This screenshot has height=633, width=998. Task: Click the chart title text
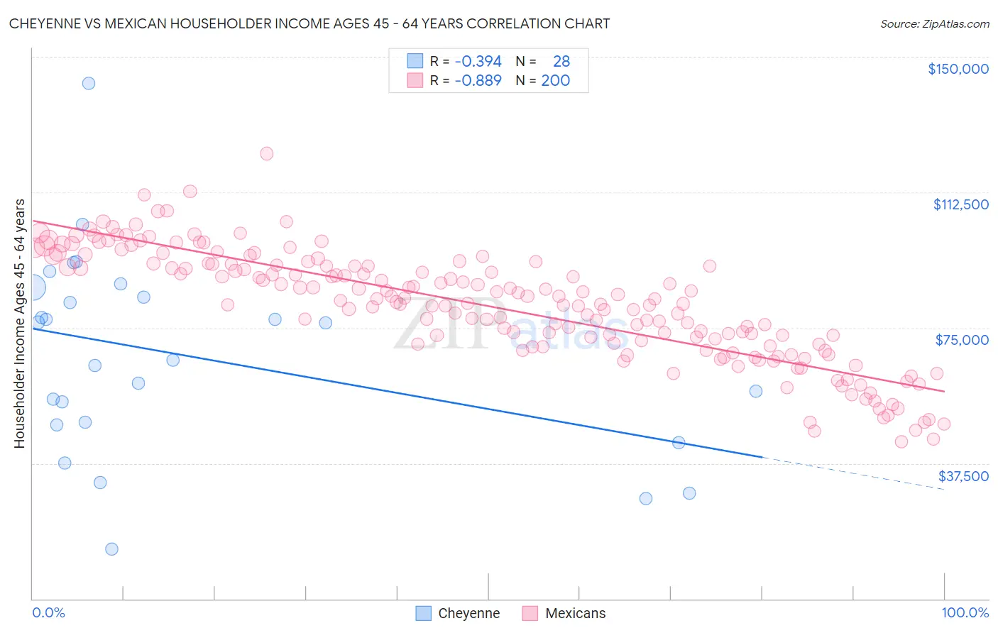point(309,23)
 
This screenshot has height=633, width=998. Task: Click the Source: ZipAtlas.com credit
point(934,23)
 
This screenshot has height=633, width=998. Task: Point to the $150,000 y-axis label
point(958,69)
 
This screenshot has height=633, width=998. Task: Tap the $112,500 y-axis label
point(960,204)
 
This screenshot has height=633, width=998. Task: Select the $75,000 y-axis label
point(962,340)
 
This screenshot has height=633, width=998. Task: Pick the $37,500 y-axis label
point(963,476)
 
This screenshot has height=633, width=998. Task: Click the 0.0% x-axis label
point(48,612)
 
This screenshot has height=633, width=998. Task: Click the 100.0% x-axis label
point(965,612)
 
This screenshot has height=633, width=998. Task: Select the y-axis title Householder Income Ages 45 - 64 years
point(19,324)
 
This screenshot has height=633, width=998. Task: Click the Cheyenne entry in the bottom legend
point(468,613)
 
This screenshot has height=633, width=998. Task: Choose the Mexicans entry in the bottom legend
point(575,613)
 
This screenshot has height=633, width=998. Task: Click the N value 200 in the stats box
point(555,81)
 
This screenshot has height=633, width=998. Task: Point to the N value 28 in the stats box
point(561,62)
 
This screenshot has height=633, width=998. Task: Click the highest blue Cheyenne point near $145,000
point(89,83)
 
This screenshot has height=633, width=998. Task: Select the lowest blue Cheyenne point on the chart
point(111,549)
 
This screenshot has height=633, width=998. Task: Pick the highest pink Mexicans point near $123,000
point(267,153)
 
